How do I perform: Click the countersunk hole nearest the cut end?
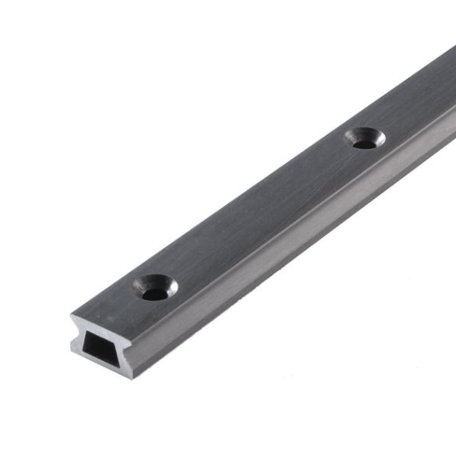click(x=155, y=288)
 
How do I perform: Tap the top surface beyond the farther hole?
click(x=416, y=98)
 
